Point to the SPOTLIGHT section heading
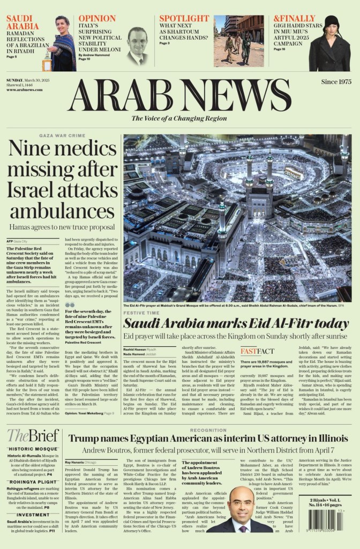click(184, 18)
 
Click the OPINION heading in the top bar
click(97, 18)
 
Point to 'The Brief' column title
click(33, 435)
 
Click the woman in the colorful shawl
click(63, 46)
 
